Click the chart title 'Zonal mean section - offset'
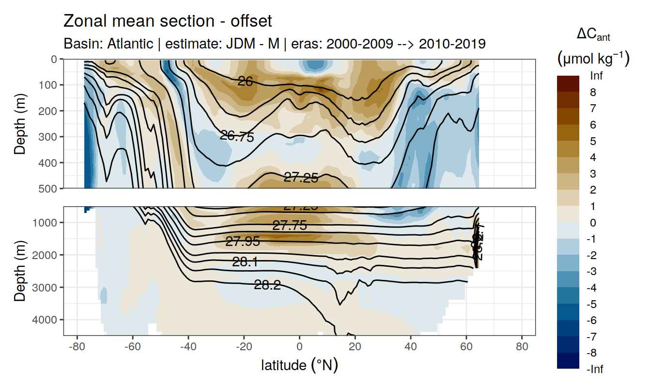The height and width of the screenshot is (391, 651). coord(168,21)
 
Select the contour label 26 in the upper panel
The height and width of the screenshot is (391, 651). coord(246,81)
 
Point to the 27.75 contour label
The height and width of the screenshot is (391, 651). coord(289,226)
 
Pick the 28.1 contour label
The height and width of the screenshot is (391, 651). coord(245,262)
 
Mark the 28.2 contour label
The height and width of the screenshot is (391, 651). coord(267,285)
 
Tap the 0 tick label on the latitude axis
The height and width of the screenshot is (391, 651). coord(300,347)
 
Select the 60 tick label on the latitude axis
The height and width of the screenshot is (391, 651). coord(466,347)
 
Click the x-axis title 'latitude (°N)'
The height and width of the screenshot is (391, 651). coord(299,365)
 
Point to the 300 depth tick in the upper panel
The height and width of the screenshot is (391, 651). coord(48,137)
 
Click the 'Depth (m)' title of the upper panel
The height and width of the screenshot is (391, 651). coord(20,124)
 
